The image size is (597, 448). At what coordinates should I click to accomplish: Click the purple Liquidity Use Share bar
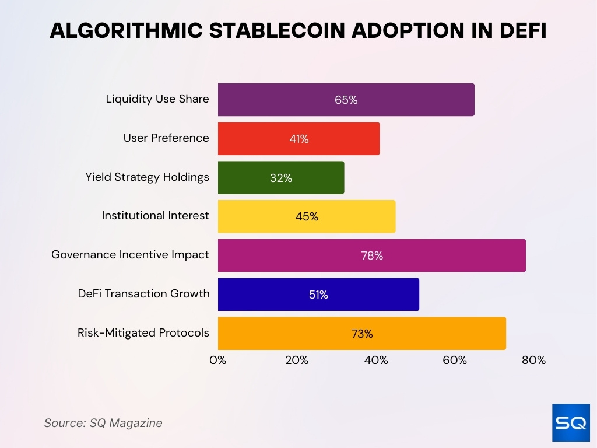click(346, 100)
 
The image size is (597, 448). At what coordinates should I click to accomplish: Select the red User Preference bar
click(298, 139)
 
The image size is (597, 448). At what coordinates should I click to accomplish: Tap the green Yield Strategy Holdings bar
click(281, 178)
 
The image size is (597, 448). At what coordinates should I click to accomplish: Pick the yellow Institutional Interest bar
click(307, 216)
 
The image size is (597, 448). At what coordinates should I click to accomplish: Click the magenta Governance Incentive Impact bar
click(371, 256)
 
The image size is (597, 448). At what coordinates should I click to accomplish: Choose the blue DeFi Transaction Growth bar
click(318, 295)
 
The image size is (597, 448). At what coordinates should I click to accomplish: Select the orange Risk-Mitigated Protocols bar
click(361, 334)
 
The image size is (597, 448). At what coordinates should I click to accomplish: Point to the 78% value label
click(371, 256)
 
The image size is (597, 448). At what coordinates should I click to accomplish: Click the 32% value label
click(281, 178)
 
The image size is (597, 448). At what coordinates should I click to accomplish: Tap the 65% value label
click(346, 100)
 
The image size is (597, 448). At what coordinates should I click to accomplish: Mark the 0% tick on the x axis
click(218, 360)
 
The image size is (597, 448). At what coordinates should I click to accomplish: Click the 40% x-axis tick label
click(376, 360)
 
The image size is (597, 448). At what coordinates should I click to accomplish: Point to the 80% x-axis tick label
click(533, 360)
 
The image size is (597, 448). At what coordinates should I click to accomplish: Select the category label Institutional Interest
click(155, 216)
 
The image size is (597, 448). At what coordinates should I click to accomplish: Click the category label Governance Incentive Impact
click(130, 255)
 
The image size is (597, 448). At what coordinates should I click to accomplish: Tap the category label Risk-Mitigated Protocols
click(143, 333)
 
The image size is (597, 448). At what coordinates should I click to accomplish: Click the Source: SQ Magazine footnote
click(103, 423)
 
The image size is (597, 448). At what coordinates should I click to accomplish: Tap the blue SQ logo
click(570, 422)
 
